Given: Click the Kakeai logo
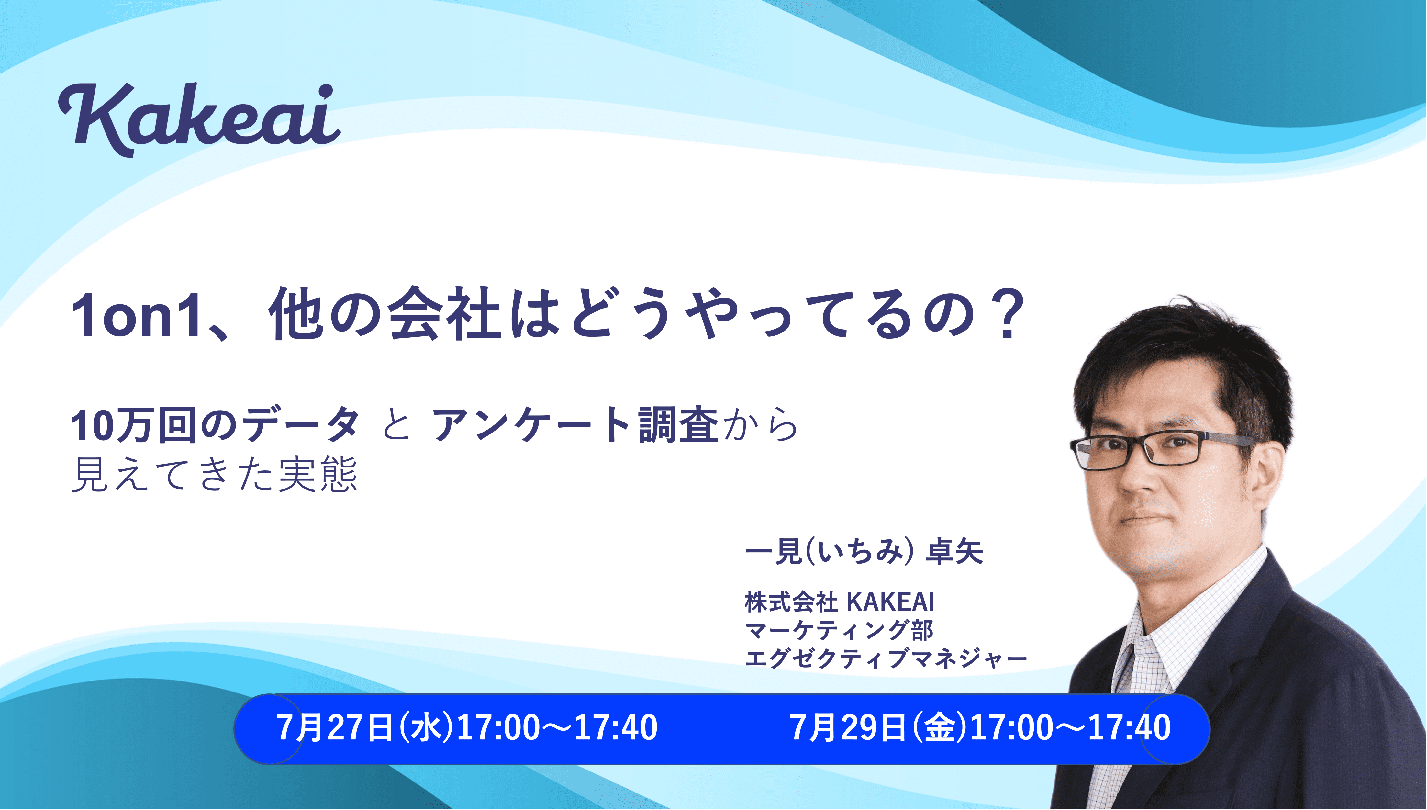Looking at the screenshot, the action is click(199, 119).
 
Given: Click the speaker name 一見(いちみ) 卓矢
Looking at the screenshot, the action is click(864, 552).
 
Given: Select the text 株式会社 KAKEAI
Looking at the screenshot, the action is click(839, 602).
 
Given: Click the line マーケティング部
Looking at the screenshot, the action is click(839, 630).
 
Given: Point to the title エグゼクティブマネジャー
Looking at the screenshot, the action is click(885, 659).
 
